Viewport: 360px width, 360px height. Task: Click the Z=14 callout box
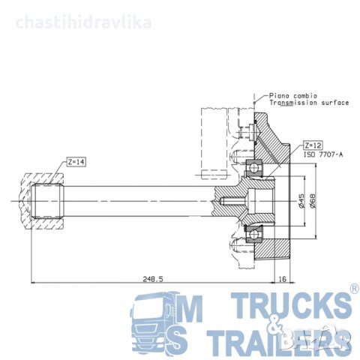point(76,162)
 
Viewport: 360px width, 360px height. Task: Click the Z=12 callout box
point(313,145)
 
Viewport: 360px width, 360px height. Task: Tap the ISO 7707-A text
point(323,154)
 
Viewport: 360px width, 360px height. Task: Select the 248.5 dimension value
point(153,279)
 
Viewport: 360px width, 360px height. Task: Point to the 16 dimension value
point(282,279)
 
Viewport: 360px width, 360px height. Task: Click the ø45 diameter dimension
point(301,201)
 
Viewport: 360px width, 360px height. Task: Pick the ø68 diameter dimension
point(313,201)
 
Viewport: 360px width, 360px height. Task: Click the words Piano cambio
point(293,96)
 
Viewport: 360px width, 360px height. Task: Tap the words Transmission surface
point(309,103)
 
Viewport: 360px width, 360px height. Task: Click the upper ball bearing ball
point(253,167)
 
